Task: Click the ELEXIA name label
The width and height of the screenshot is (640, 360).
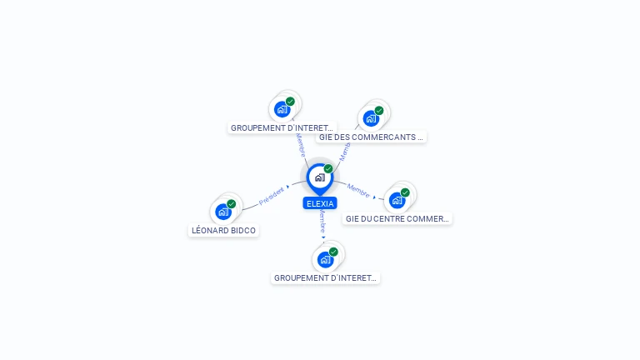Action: coord(320,203)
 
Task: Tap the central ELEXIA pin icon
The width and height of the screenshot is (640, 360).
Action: coord(319,177)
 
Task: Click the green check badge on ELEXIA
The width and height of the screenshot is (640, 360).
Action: coord(328,169)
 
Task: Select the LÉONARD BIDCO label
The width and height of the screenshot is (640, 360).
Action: coord(224,231)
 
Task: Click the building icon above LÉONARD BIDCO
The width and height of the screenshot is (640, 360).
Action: coord(222,212)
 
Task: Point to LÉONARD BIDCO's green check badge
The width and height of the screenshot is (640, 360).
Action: coord(232,204)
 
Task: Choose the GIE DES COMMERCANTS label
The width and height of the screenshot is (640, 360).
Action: coord(371,137)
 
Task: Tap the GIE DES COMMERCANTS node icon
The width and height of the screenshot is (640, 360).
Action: coord(370,118)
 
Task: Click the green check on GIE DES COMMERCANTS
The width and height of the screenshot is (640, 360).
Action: coord(379,111)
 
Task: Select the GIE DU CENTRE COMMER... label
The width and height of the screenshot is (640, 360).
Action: coord(397,219)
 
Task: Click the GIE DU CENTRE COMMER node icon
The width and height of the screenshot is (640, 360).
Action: coord(397,200)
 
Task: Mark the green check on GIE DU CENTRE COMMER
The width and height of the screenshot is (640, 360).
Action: coord(405,192)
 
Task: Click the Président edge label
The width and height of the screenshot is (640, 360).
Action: coord(271,196)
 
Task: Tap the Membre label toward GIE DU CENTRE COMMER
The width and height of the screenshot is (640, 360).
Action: coord(358,190)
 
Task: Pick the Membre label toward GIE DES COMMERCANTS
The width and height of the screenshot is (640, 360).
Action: coord(345,152)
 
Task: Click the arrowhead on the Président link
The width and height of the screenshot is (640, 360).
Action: coord(288,187)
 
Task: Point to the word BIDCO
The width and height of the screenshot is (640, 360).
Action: coord(243,231)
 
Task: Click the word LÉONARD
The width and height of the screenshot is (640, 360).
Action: coord(211,231)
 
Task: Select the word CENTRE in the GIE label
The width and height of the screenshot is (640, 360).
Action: coord(391,219)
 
